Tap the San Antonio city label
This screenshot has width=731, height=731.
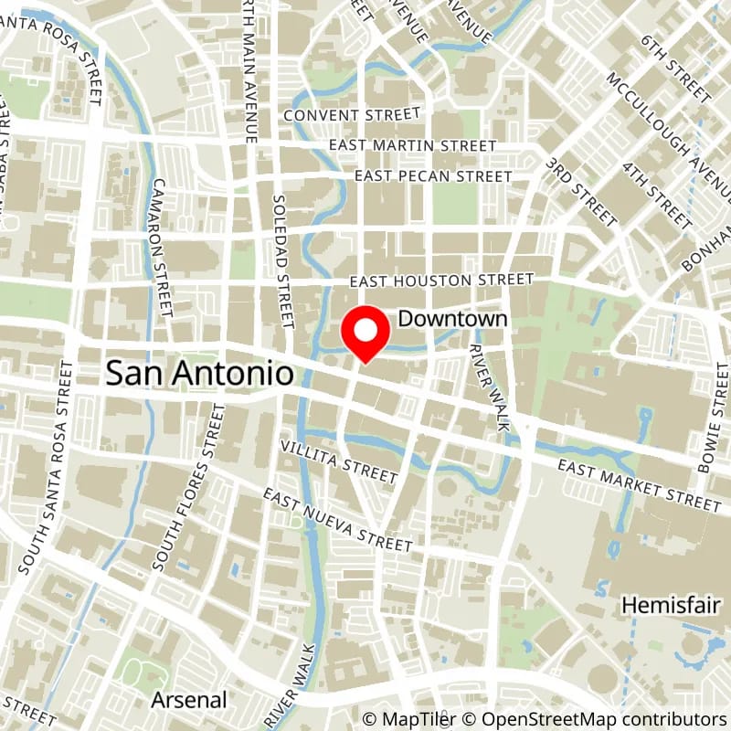[x=201, y=373]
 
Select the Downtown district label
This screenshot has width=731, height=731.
[x=452, y=319]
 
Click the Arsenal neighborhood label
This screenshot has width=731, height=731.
[x=189, y=700]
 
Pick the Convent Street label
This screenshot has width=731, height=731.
[x=352, y=115]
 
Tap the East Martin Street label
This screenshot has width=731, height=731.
[x=413, y=145]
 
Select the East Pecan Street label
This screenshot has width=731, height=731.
[x=433, y=175]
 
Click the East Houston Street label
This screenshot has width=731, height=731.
[x=441, y=280]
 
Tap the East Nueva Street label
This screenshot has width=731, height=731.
[x=338, y=519]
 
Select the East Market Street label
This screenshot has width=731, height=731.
[x=640, y=484]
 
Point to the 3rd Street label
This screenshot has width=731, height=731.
[x=581, y=190]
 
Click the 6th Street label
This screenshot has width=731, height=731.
[x=675, y=69]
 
